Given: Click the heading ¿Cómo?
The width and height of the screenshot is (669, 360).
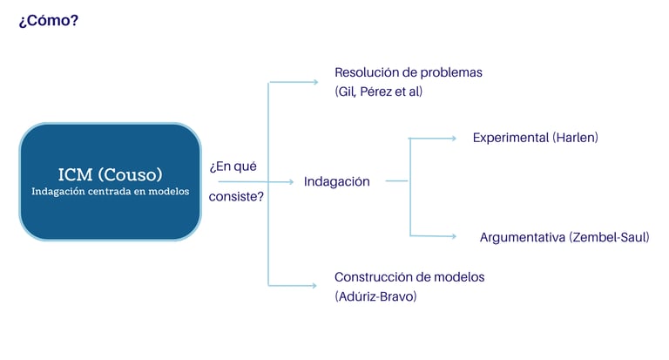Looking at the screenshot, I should [49, 19].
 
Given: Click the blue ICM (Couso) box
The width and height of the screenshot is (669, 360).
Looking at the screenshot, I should [110, 181].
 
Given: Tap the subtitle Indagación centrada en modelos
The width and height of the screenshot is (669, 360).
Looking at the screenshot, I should [110, 192].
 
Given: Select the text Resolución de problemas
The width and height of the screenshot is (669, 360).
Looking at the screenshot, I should [408, 72].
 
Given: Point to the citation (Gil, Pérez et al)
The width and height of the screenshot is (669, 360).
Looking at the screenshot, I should [378, 92].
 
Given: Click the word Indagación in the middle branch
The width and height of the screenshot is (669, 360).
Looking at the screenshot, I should [336, 182].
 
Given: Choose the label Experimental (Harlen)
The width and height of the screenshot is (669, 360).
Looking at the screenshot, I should [535, 138].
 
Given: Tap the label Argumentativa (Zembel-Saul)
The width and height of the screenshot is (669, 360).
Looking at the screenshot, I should [564, 237].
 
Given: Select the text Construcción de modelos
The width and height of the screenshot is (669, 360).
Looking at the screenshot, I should [409, 277].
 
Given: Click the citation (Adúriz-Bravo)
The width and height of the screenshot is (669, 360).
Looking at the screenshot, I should [375, 296].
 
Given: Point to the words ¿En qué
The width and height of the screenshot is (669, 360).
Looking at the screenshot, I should [233, 166].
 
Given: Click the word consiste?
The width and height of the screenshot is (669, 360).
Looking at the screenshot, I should [236, 197].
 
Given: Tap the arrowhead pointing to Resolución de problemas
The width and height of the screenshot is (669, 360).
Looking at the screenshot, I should [315, 82].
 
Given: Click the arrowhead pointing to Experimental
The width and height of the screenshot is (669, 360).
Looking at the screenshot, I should [452, 138].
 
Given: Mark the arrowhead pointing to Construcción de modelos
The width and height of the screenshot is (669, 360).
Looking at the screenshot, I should [315, 285].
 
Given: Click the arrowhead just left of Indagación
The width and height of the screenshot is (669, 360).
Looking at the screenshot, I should [291, 182].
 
